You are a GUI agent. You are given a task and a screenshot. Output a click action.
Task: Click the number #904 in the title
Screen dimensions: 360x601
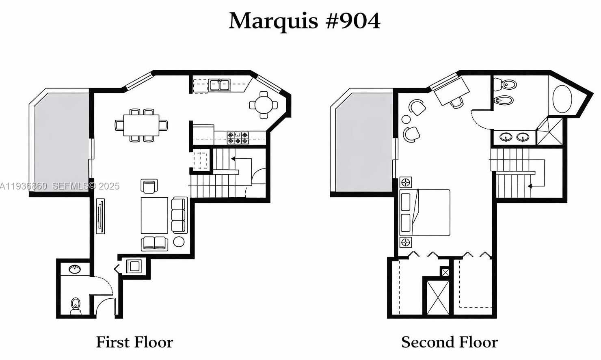353,21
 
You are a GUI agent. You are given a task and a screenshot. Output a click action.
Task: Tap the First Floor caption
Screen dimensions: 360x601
134,342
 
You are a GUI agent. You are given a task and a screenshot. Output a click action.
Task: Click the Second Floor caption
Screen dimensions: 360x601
449,342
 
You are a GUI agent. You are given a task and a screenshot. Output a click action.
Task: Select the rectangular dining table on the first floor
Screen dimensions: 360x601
141,125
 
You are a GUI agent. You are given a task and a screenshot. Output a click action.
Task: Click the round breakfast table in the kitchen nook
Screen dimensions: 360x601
264,105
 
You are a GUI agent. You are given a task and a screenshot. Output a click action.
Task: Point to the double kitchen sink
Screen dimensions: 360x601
219,85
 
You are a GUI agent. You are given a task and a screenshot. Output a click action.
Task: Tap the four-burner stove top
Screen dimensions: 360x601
238,138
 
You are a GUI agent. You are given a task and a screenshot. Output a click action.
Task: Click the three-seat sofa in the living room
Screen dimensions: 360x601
179,215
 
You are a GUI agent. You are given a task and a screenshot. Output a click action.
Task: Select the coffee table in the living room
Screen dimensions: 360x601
154,215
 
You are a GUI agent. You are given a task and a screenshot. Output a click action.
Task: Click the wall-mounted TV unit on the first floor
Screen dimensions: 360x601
100,216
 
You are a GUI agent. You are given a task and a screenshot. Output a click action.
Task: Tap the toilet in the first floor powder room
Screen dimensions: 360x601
76,305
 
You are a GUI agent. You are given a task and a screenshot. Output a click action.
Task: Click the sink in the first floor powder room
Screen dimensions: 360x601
75,269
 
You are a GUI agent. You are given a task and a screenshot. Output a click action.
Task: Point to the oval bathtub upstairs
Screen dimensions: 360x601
562,99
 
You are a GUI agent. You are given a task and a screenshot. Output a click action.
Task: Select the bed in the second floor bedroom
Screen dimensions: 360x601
426,212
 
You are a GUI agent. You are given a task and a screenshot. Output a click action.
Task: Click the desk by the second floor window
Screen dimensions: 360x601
452,91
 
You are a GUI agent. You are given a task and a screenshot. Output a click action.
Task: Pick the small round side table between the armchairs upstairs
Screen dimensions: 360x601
406,119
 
